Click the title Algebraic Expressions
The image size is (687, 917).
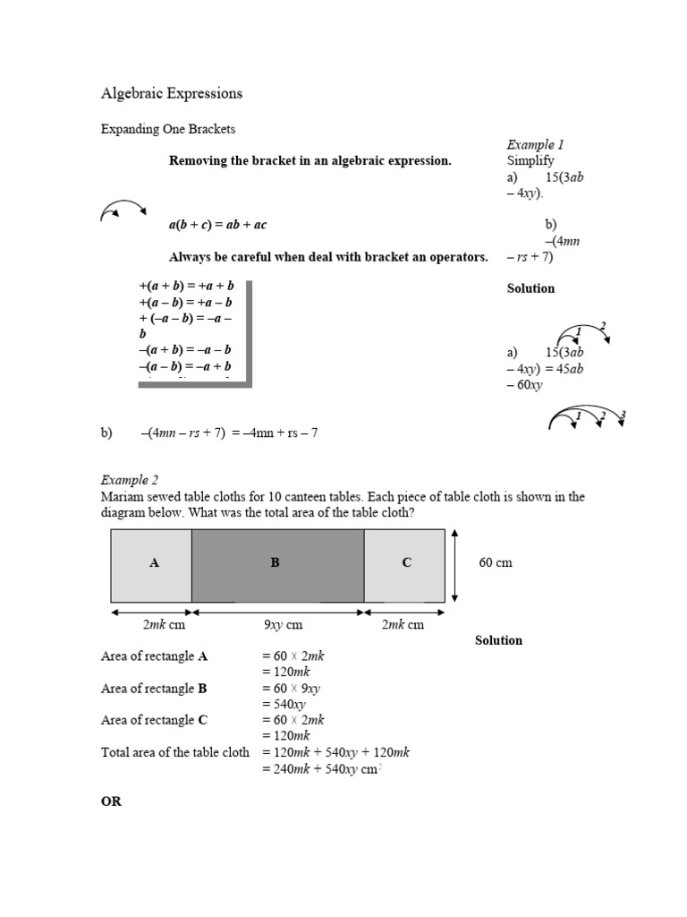click(171, 93)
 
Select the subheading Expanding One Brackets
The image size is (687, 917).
click(167, 129)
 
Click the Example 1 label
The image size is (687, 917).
click(535, 144)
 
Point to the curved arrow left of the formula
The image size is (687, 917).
click(123, 210)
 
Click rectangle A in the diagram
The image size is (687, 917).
click(151, 564)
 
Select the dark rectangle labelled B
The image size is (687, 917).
click(277, 564)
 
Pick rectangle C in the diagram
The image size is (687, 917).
click(404, 564)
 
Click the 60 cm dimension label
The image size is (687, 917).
click(496, 563)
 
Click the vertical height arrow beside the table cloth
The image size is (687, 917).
click(456, 564)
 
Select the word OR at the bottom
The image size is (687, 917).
click(111, 801)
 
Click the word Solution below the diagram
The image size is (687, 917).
click(498, 640)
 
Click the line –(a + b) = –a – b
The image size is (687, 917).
click(185, 349)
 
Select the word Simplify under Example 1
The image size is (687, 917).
click(530, 161)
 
